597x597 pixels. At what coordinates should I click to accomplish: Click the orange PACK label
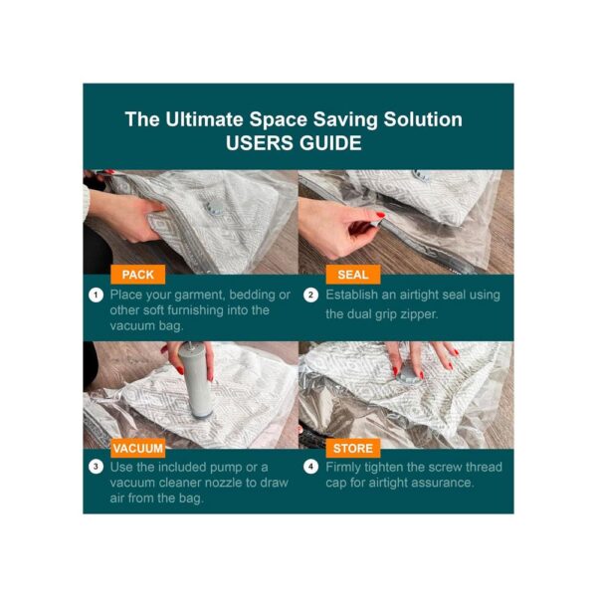(x=138, y=275)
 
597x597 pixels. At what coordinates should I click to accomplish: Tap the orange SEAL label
(x=353, y=275)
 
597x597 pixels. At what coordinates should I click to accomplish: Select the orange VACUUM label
(x=138, y=448)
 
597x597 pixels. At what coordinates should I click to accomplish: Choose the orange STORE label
(x=353, y=448)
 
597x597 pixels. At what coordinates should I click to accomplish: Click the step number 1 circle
(x=96, y=296)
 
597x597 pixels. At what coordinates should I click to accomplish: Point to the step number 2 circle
(x=310, y=296)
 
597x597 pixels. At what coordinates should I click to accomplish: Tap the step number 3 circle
(x=96, y=467)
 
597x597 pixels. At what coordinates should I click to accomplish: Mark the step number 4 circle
(x=310, y=467)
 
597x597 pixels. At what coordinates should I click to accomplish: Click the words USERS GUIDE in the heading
(x=294, y=143)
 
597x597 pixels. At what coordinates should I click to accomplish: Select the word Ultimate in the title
(x=204, y=119)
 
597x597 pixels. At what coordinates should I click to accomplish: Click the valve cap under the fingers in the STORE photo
(x=408, y=376)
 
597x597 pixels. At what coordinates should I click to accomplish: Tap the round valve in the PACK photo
(x=213, y=208)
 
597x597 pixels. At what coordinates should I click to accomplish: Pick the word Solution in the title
(x=423, y=119)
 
